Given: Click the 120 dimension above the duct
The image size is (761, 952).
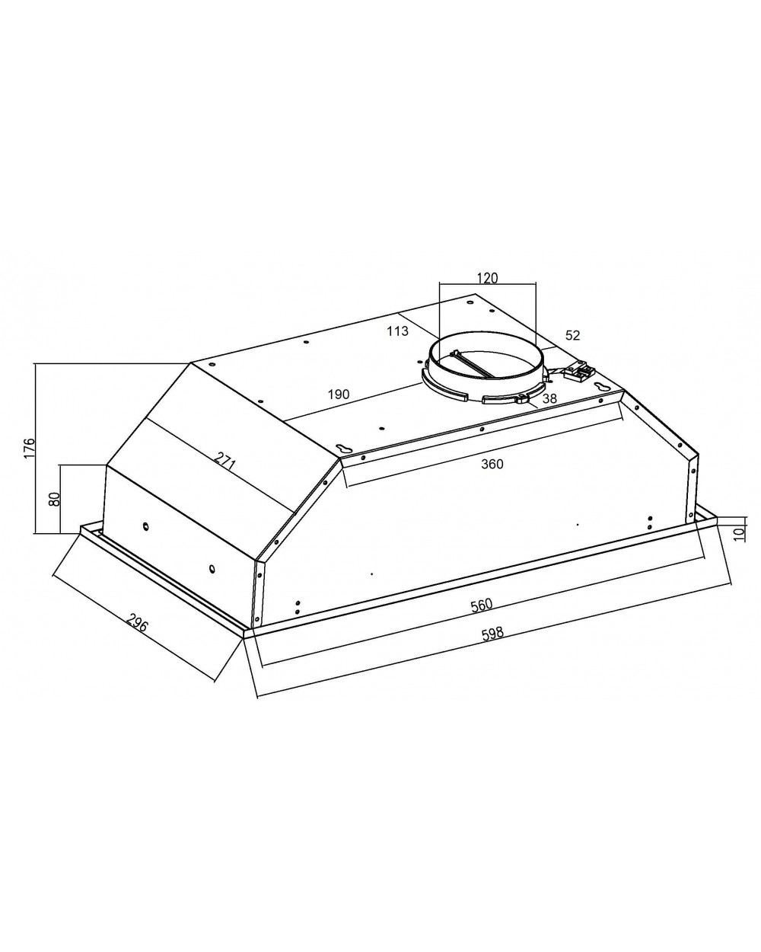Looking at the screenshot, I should (x=487, y=278).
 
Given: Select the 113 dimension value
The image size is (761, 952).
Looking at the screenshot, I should (x=397, y=331).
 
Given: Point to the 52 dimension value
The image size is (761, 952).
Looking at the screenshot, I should (x=573, y=335).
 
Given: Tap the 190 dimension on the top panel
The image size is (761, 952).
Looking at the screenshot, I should (x=338, y=395).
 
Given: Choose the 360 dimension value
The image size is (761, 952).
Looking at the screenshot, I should (x=492, y=464).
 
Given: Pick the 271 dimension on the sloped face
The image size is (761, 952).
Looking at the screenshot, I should (x=224, y=462).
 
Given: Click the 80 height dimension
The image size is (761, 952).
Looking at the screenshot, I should (x=54, y=499).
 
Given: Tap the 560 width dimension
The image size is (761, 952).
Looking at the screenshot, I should (x=481, y=605).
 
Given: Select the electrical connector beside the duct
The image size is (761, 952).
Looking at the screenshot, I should (x=579, y=371).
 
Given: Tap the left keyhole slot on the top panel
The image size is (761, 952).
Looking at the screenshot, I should (x=342, y=448).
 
